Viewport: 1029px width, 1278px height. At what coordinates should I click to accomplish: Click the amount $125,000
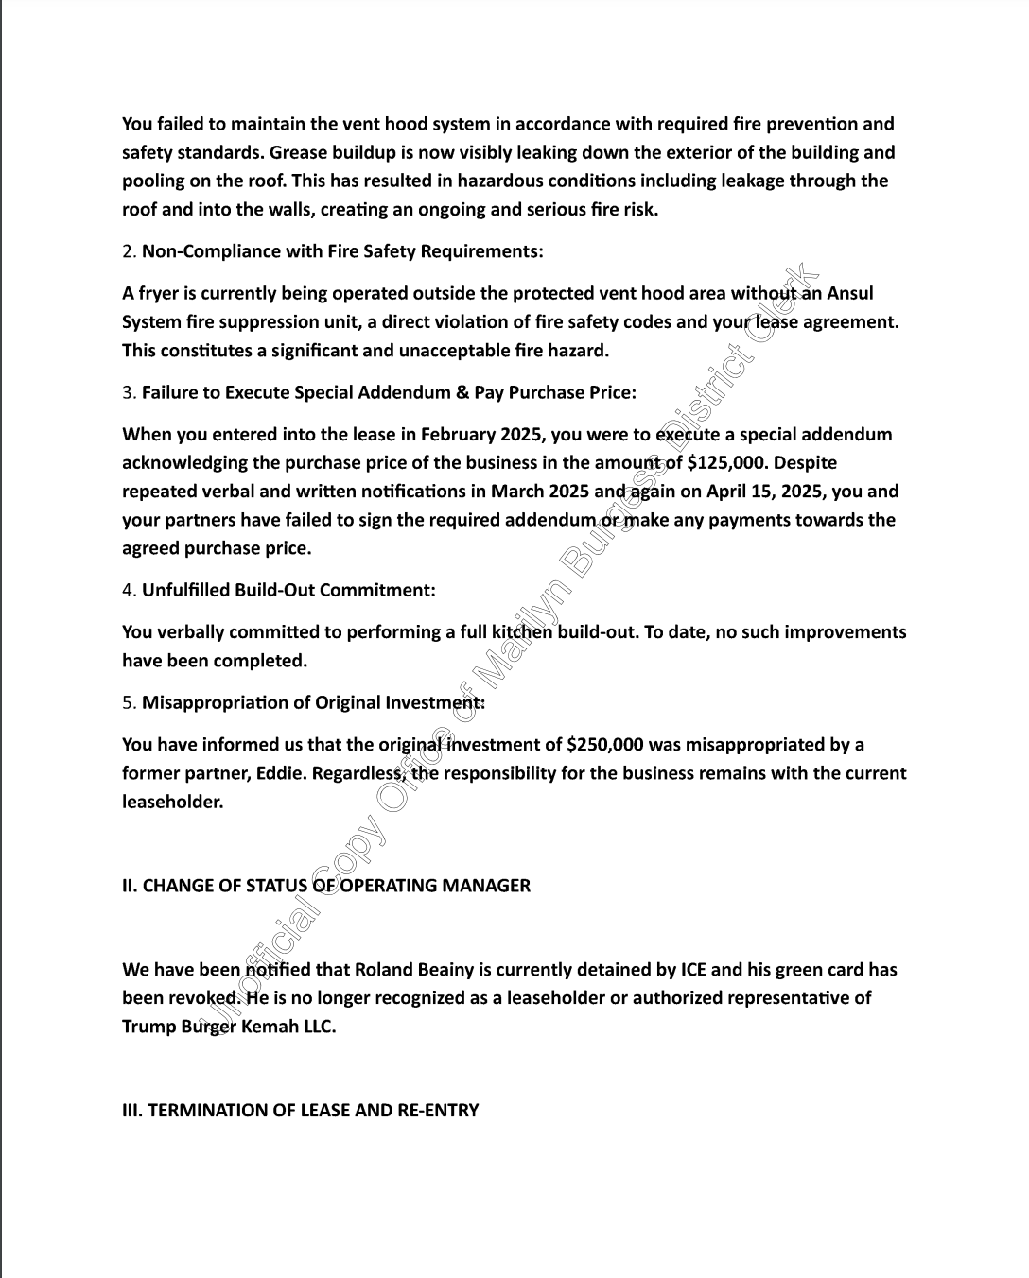(x=724, y=463)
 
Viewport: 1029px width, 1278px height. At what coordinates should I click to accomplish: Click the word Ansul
(x=849, y=294)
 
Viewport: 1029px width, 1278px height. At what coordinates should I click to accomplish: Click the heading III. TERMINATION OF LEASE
(x=300, y=1111)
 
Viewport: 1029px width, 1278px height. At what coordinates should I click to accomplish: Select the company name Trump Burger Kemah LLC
(x=229, y=1027)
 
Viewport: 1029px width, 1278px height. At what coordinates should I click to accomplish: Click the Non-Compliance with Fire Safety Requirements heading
(x=342, y=251)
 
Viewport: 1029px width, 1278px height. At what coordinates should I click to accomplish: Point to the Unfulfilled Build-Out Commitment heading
(x=288, y=590)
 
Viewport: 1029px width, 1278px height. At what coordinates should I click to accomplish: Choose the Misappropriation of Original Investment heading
(x=313, y=702)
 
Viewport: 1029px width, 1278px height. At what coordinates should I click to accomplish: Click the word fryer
(x=159, y=294)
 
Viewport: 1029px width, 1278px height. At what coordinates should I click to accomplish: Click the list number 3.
(x=128, y=392)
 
